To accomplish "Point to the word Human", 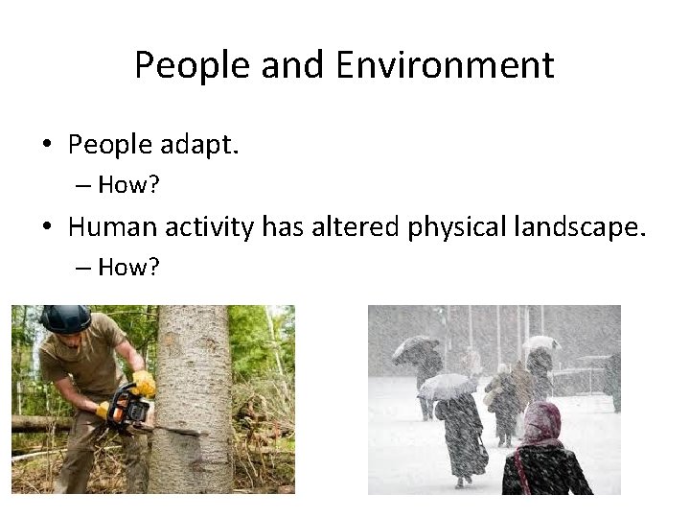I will (120, 228).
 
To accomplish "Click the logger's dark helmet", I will (66, 318).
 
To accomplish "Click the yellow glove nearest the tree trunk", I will (145, 383).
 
